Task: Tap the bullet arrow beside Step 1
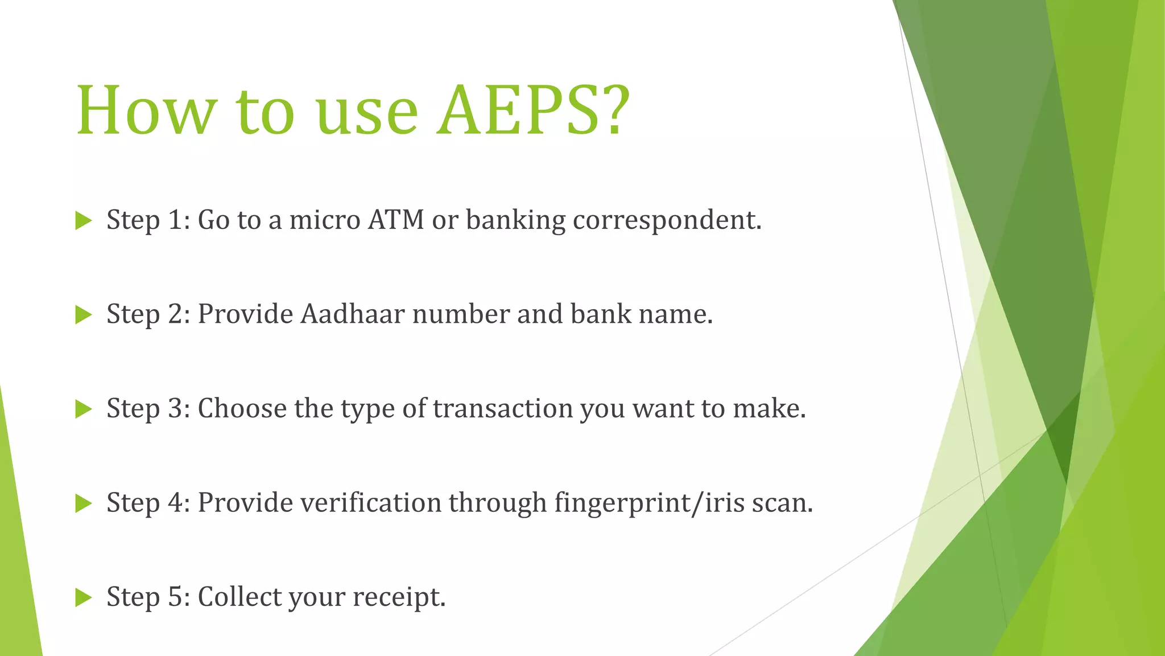(x=83, y=221)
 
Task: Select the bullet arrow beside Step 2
(x=83, y=315)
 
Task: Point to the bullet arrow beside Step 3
(x=83, y=409)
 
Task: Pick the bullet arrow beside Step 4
(x=83, y=503)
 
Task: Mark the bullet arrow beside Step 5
(x=83, y=597)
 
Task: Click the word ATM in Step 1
(x=396, y=220)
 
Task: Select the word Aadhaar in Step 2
(x=352, y=314)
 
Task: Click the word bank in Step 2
(x=601, y=314)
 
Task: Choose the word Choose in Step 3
(x=242, y=408)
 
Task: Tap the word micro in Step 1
(x=325, y=220)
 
